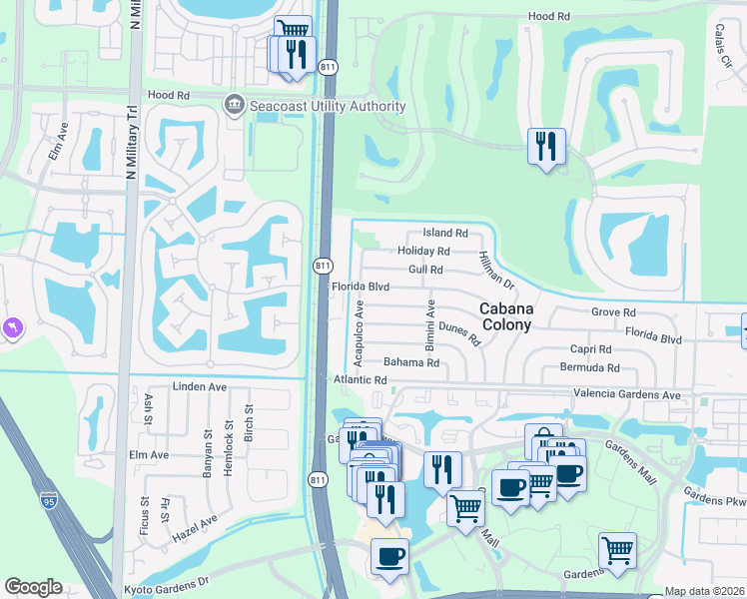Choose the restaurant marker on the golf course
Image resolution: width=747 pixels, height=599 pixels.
(546, 148)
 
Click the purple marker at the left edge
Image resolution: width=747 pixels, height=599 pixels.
(12, 328)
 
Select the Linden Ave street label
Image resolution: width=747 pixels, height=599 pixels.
(201, 386)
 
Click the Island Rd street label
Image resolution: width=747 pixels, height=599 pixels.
(444, 233)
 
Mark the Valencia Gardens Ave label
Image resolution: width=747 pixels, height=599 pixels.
(626, 395)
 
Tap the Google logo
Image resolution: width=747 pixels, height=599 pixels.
(33, 587)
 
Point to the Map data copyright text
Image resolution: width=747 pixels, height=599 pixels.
(704, 591)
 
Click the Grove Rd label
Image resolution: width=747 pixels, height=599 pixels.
(613, 312)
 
